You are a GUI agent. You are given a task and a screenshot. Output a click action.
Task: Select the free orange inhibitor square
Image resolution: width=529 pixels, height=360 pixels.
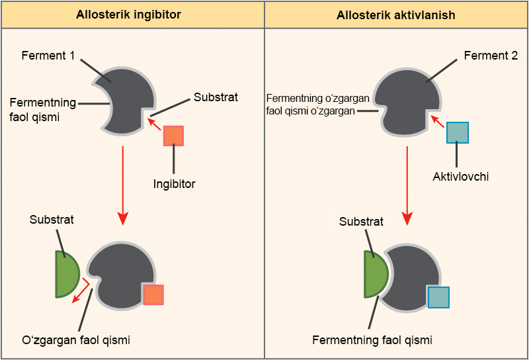[173, 136]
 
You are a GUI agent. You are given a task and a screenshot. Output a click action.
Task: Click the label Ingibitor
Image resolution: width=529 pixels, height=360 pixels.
[173, 184]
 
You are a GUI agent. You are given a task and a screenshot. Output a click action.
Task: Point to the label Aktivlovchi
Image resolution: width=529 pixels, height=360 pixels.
[461, 177]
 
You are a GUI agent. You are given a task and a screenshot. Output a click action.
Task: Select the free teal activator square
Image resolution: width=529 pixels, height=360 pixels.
[458, 133]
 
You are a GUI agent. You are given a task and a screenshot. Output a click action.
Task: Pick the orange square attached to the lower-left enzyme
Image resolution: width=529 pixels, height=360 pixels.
[153, 294]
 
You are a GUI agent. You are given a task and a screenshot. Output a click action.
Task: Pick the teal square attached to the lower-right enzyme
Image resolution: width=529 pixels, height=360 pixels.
[439, 297]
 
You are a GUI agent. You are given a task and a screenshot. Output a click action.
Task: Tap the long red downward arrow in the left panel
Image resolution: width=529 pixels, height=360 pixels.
[123, 185]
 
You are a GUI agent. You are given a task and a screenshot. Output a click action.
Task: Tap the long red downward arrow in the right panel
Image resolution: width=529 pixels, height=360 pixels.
[407, 185]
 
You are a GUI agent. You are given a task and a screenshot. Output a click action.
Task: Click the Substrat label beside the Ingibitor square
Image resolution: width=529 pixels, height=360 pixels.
[216, 97]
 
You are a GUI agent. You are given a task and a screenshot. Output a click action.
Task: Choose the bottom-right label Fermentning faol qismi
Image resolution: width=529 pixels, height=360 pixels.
[372, 340]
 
